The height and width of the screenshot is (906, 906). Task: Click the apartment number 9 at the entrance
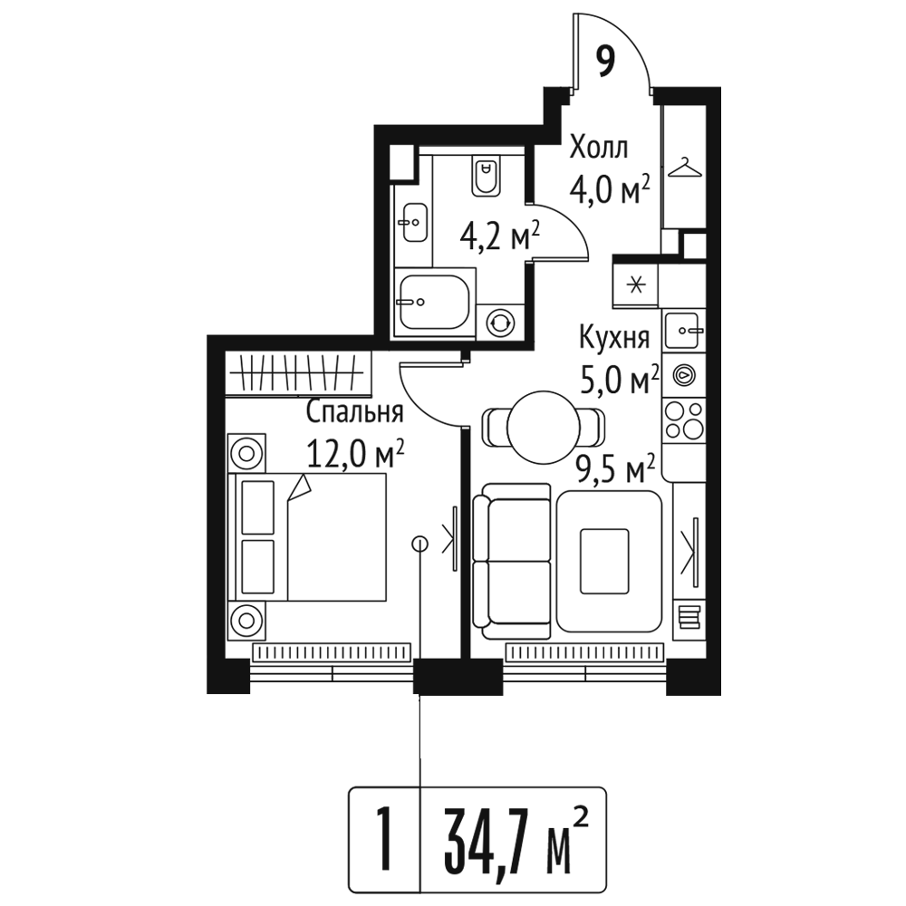pos(604,62)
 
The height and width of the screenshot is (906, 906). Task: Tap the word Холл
pos(598,148)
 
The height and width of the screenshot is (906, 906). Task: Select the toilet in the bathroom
pos(487,175)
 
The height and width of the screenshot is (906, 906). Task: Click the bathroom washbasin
pos(414,223)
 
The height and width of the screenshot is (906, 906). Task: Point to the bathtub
pos(435,303)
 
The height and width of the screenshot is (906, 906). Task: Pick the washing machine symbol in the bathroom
pos(499,322)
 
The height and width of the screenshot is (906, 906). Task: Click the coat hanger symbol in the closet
pos(685,169)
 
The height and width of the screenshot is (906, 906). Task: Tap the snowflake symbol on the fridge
pos(636,285)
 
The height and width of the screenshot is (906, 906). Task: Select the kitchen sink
pos(684,331)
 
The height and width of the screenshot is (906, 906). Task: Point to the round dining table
pos(543,428)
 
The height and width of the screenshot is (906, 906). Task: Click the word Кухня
pos(614,338)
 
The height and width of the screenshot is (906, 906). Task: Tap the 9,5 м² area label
pos(617,469)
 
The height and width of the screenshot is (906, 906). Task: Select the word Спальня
pos(354,412)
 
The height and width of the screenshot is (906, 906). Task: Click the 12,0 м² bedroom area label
pos(355,454)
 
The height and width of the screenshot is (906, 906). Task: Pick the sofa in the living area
pos(511,561)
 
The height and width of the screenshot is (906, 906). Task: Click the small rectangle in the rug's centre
pos(604,561)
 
